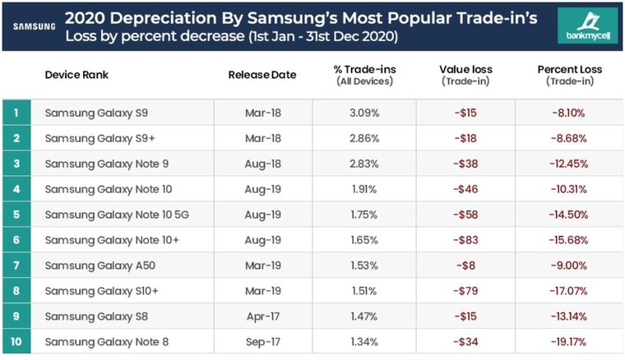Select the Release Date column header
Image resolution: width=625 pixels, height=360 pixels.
(x=262, y=75)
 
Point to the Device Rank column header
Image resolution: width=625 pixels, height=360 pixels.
(x=76, y=75)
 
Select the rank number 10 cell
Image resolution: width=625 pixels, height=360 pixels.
(x=16, y=341)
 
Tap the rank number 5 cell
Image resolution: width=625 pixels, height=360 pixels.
(x=16, y=214)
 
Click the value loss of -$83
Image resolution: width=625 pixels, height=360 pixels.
(x=466, y=239)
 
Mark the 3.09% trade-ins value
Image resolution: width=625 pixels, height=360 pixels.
(x=363, y=112)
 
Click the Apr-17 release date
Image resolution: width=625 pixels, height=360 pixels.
(x=262, y=316)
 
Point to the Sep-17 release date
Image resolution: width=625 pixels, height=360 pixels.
(x=262, y=341)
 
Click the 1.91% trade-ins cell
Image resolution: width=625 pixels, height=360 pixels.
(x=363, y=188)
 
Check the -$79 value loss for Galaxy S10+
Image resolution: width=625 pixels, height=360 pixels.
(x=466, y=290)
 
